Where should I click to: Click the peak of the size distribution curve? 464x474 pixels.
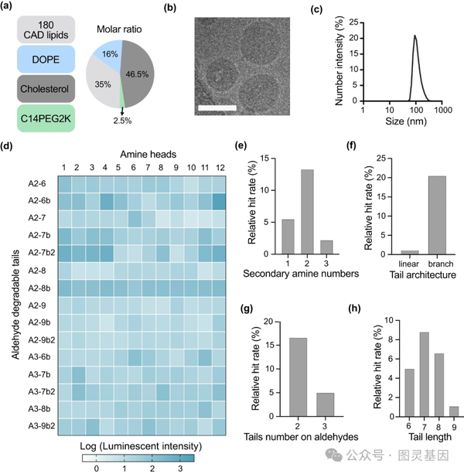click(x=415, y=36)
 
